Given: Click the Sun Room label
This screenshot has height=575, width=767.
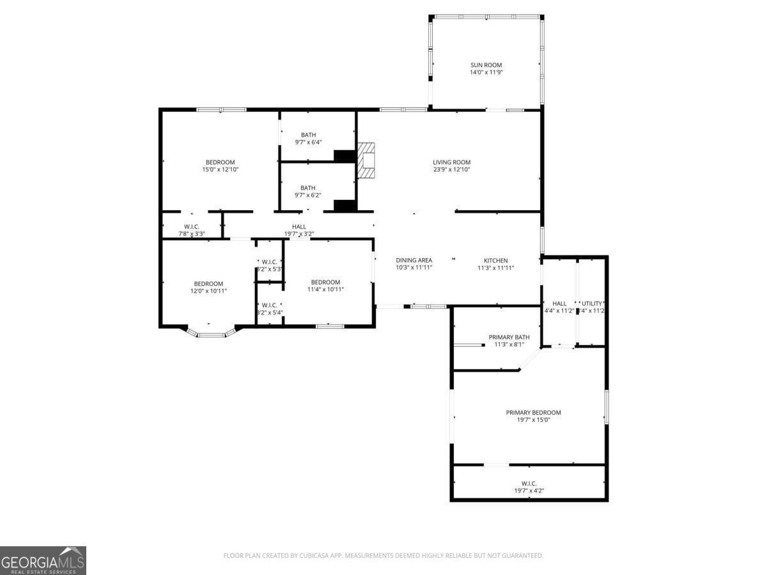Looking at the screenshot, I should [x=486, y=65].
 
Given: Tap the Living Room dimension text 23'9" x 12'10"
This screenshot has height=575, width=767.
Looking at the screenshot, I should [x=451, y=170].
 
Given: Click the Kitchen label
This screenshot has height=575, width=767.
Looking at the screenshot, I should [x=495, y=261].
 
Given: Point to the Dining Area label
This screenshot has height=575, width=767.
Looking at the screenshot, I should [x=414, y=261].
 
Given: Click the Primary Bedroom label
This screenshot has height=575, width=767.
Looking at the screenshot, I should [x=533, y=413].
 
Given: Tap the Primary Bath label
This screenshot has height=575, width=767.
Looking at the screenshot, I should [x=509, y=337].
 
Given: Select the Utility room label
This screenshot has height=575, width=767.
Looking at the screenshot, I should [x=592, y=303].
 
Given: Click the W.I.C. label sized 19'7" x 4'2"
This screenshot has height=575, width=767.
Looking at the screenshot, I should [x=529, y=484].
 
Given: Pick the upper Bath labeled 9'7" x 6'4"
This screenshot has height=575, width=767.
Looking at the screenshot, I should [x=308, y=135].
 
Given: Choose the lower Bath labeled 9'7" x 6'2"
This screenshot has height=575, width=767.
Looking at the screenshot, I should [x=308, y=188].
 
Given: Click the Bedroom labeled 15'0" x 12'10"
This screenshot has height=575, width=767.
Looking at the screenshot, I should [x=220, y=162].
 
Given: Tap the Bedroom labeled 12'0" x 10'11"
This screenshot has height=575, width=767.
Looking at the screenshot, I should [x=208, y=284].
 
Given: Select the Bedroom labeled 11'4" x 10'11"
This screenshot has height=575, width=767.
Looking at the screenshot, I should [x=325, y=282].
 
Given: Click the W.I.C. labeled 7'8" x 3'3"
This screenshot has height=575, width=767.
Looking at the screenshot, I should [x=192, y=227].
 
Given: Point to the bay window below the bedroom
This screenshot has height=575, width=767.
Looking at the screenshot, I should [x=212, y=332].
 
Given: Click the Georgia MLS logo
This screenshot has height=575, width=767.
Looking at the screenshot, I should [x=43, y=560].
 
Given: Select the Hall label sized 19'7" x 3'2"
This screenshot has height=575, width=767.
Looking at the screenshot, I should [x=299, y=227].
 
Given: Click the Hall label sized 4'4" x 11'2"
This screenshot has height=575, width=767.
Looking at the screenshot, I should [x=559, y=303].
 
